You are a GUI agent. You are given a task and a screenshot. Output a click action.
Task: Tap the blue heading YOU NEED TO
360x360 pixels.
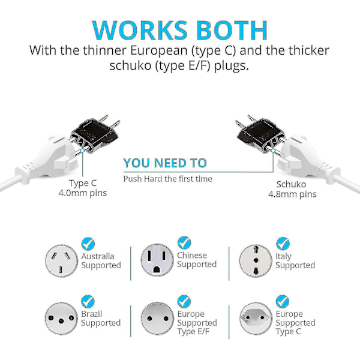pyautogui.click(x=165, y=163)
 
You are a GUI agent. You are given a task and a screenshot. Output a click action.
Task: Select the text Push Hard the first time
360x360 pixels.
pyautogui.click(x=168, y=179)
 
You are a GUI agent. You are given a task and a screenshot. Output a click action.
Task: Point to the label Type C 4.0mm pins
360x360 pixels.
pyautogui.click(x=83, y=188)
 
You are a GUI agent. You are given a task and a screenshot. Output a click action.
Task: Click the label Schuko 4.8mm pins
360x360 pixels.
pyautogui.click(x=292, y=189)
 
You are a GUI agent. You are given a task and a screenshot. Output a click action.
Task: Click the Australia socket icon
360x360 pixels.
pyautogui.click(x=62, y=261)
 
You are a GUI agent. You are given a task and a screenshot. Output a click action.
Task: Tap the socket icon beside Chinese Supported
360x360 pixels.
pyautogui.click(x=157, y=260)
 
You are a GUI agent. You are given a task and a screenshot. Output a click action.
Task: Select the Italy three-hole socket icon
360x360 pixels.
pyautogui.click(x=256, y=261)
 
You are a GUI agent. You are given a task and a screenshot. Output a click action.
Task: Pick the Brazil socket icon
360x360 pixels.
pyautogui.click(x=62, y=319)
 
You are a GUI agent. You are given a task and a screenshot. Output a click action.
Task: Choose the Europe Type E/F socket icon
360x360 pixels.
pyautogui.click(x=157, y=319)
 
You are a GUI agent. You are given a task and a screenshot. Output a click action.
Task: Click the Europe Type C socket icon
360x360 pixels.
pyautogui.click(x=256, y=319)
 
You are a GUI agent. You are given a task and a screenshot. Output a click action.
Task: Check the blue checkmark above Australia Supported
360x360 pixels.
pyautogui.click(x=88, y=244)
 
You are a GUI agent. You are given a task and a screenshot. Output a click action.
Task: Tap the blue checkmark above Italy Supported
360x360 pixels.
pyautogui.click(x=283, y=244)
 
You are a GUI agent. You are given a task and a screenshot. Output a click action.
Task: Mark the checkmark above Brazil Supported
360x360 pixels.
pyautogui.click(x=88, y=302)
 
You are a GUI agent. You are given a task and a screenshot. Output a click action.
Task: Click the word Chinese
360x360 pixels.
pyautogui.click(x=192, y=256)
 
